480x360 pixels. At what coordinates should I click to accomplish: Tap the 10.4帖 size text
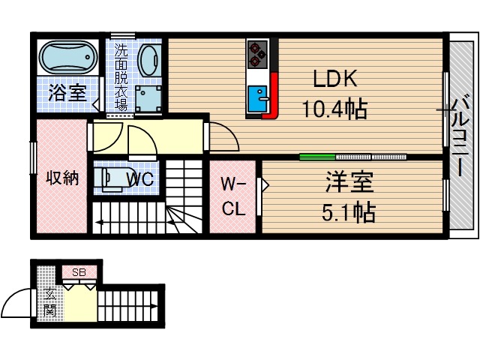(334, 110)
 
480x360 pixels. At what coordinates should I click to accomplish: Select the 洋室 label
(349, 182)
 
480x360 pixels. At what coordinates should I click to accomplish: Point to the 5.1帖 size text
(349, 213)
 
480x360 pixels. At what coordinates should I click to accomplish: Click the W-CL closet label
(233, 196)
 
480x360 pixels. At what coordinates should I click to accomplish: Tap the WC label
(140, 179)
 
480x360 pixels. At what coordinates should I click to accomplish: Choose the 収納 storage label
(62, 178)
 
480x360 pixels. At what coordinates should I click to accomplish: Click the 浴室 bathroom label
(67, 93)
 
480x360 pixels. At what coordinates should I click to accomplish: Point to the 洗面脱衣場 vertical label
(121, 78)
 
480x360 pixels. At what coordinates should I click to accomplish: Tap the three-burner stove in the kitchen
(257, 52)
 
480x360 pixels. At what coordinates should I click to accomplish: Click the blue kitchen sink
(259, 97)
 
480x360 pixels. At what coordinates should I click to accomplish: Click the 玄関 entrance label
(49, 300)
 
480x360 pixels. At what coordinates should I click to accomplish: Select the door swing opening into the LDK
(221, 135)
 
